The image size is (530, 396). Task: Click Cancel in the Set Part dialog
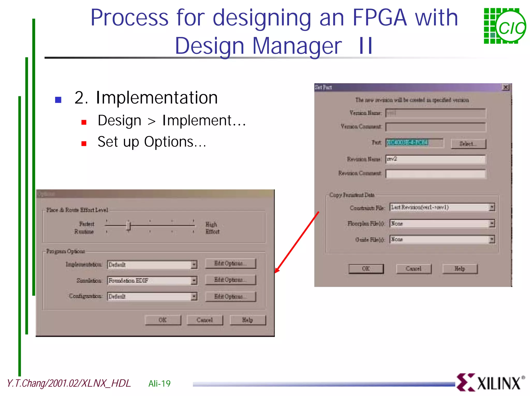click(414, 269)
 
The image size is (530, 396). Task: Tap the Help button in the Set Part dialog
click(460, 269)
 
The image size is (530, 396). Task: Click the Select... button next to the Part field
click(468, 144)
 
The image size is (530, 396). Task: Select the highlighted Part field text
click(407, 142)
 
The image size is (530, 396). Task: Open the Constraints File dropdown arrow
click(492, 207)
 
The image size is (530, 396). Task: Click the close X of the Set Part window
click(506, 87)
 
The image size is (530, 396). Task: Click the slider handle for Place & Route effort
click(128, 225)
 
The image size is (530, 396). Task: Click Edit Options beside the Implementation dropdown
click(230, 263)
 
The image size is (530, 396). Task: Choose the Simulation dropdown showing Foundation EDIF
click(152, 281)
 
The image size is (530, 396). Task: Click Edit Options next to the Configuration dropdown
click(230, 296)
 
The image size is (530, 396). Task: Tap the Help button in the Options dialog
click(247, 320)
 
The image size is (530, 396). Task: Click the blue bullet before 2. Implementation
click(58, 100)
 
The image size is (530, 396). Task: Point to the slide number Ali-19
click(159, 383)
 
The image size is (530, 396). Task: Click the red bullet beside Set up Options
click(84, 144)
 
